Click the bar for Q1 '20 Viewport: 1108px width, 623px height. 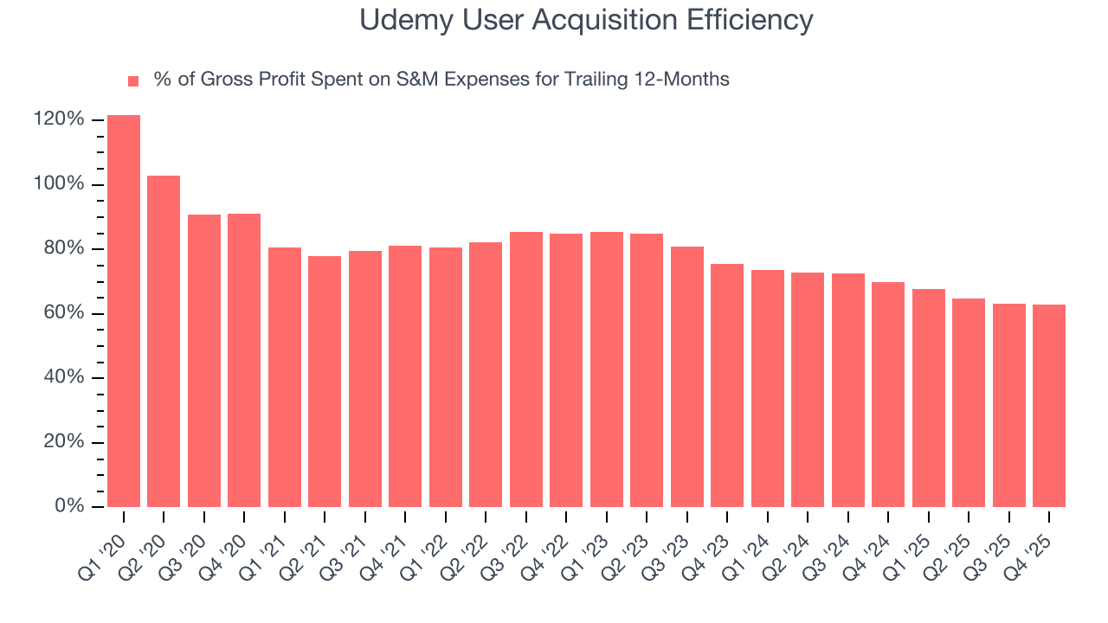pos(124,311)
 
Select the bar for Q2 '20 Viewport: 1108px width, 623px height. pos(164,341)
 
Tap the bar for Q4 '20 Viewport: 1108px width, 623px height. pos(244,360)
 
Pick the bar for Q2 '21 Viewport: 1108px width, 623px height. pos(325,381)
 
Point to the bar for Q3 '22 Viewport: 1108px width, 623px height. pos(525,369)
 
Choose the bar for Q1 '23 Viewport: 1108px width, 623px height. pos(606,369)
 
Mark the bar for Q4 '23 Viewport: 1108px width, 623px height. pos(727,385)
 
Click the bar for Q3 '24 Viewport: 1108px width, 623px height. pos(847,389)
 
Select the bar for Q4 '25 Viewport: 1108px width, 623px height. pos(1049,405)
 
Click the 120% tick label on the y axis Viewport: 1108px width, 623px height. pos(59,119)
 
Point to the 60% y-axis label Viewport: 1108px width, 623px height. pos(64,313)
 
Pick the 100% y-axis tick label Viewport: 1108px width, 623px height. pos(59,184)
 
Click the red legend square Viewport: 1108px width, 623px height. pos(133,81)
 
